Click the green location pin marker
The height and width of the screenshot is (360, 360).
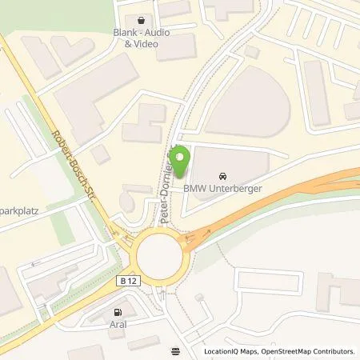(182, 158)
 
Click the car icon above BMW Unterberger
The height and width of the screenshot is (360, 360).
(222, 175)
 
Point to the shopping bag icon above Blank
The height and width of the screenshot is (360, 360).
(142, 20)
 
